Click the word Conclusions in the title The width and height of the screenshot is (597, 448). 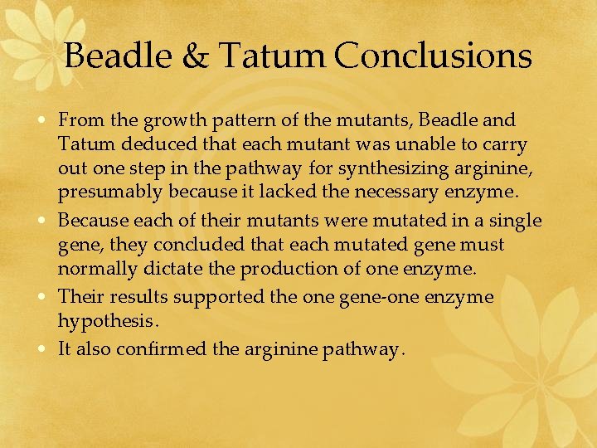click(x=434, y=56)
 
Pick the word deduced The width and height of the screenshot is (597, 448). click(x=143, y=145)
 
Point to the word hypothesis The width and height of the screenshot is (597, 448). click(x=107, y=320)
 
